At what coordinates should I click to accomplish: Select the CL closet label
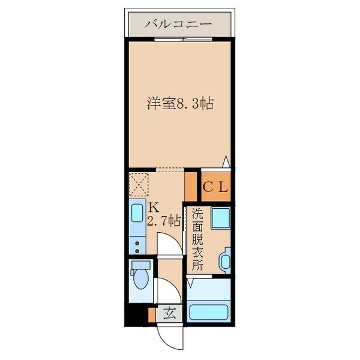(215, 187)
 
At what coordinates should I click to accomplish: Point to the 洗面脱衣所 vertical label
(197, 238)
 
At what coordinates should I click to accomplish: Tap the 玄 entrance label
(170, 313)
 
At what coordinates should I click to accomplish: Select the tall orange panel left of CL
(191, 187)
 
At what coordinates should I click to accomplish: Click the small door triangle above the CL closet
(226, 161)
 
